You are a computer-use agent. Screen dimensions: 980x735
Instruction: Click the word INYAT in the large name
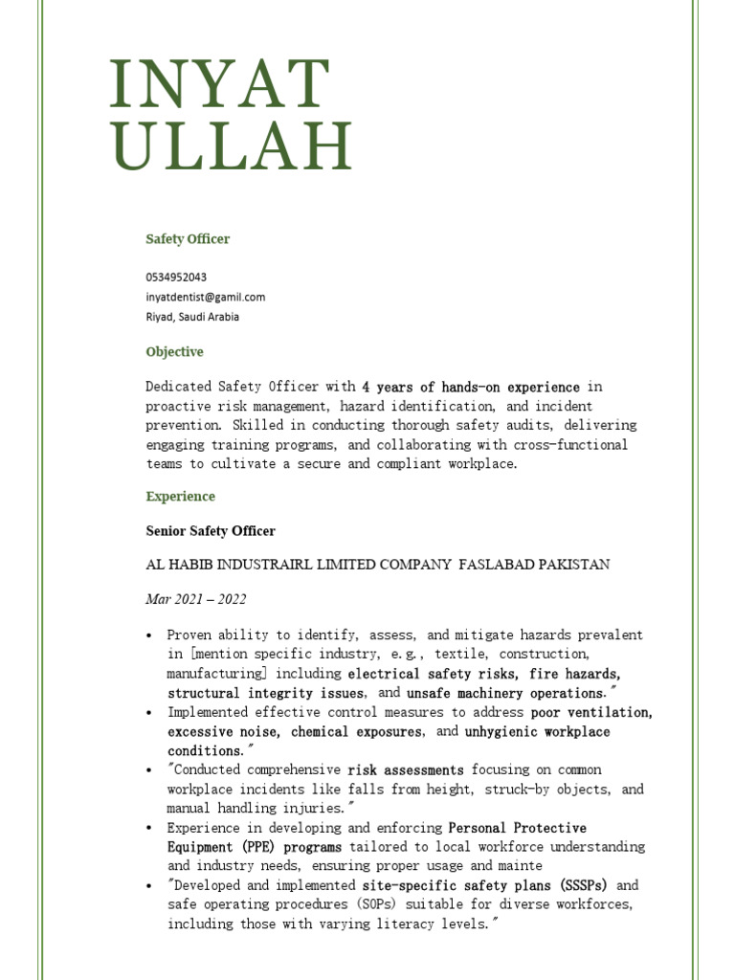219,84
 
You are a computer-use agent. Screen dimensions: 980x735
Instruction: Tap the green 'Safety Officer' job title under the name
188,239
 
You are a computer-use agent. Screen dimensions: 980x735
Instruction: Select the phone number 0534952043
176,277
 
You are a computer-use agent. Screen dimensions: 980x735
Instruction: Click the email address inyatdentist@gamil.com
205,297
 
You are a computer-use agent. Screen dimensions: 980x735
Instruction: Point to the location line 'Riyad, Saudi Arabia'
192,317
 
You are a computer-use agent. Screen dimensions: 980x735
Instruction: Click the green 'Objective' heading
174,352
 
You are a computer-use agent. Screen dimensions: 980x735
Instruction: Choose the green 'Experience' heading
180,497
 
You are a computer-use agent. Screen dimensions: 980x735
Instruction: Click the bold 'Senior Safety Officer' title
210,531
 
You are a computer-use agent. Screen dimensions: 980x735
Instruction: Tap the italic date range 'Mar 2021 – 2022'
195,600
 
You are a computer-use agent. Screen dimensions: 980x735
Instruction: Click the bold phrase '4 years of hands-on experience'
471,388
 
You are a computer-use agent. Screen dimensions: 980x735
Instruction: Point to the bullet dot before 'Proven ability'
149,635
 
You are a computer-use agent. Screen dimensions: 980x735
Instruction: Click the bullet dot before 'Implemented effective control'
149,713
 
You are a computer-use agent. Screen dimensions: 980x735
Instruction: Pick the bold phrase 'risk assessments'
406,770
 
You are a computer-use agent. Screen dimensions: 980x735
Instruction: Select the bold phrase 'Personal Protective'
518,828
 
